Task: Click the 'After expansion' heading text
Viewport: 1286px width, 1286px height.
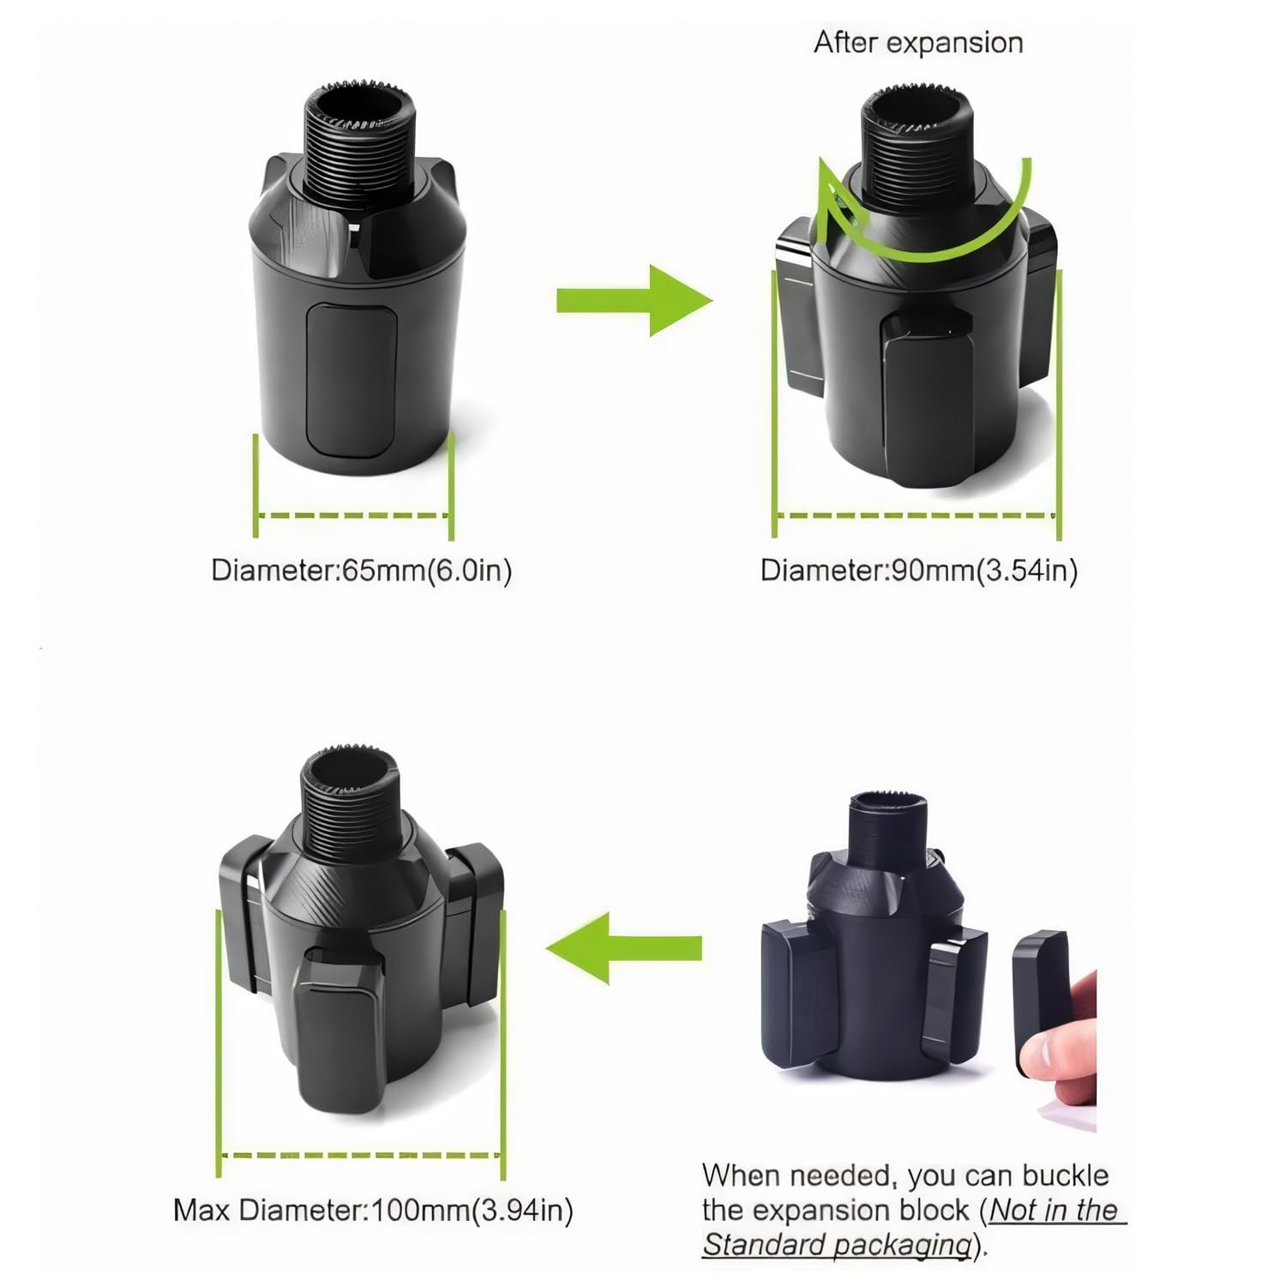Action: tap(918, 43)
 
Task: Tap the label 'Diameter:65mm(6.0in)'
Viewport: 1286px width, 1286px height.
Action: tap(362, 571)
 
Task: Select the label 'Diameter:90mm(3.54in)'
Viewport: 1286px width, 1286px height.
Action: tap(919, 571)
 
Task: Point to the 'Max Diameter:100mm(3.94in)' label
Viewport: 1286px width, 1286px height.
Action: tap(373, 1211)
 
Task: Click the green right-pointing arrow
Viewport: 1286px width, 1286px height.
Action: tap(634, 301)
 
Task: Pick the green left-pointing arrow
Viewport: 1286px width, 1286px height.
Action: tap(623, 948)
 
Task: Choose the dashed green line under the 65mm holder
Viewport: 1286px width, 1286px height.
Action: tap(352, 516)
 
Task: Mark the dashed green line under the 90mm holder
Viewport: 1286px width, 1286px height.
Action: tap(916, 516)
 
